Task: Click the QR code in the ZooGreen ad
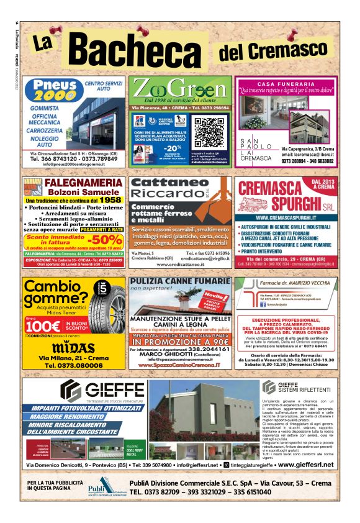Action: (x=208, y=130)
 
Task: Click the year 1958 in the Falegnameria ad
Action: (x=109, y=201)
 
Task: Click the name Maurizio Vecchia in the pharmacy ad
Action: (x=313, y=284)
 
